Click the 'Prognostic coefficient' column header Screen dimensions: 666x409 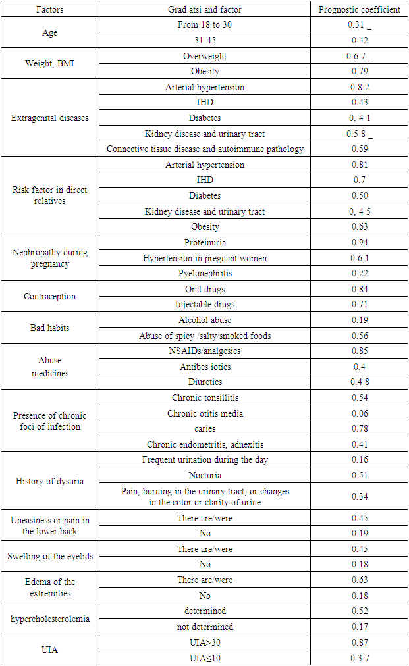click(x=360, y=10)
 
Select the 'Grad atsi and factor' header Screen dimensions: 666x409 click(x=205, y=10)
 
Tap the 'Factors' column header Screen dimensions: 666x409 click(x=50, y=10)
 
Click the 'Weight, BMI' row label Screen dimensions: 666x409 click(x=50, y=64)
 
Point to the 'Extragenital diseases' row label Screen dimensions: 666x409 click(x=50, y=118)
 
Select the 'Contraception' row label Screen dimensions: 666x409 click(x=50, y=297)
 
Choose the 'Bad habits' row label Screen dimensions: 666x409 click(x=50, y=328)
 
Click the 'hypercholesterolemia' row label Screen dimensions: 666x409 click(x=50, y=619)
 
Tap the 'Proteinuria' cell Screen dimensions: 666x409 click(x=205, y=243)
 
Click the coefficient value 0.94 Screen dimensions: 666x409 click(x=360, y=243)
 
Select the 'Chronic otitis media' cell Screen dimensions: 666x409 click(x=205, y=413)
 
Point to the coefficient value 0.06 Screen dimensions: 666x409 click(x=360, y=413)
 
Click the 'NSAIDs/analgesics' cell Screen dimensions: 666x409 click(x=205, y=351)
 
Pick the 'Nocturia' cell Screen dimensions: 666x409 click(x=205, y=475)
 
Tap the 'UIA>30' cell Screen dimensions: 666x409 click(x=205, y=642)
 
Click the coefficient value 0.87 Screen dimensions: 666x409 click(x=360, y=642)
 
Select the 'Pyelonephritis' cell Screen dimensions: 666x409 click(x=205, y=274)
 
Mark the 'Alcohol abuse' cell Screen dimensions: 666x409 click(x=205, y=320)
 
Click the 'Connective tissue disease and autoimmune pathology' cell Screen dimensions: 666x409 click(x=205, y=149)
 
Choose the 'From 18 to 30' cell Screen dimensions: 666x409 click(x=205, y=25)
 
